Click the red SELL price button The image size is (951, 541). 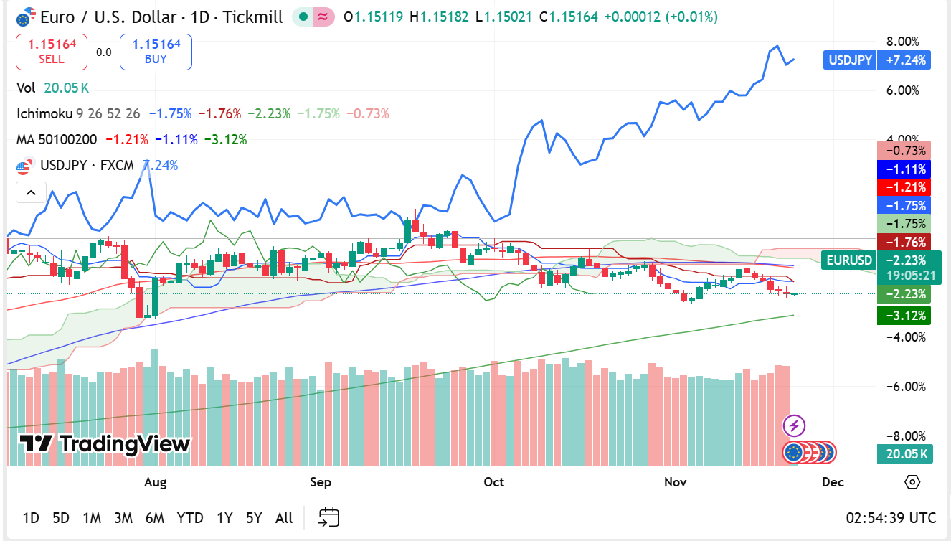coord(52,52)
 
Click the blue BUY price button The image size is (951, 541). coord(156,52)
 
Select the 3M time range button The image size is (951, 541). coord(123,517)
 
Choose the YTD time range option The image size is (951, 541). coord(190,517)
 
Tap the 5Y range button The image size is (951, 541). coord(254,517)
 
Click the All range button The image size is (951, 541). coord(284,517)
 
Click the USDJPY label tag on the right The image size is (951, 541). coord(850,60)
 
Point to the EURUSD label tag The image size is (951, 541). coord(849,260)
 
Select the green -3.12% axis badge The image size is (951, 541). coord(903,315)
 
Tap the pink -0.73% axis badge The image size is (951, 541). coord(903,151)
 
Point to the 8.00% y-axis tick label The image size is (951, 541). coord(903,42)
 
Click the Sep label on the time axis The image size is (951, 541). coord(321,482)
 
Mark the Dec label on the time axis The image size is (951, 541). coord(833,482)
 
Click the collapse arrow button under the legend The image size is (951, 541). coord(31,192)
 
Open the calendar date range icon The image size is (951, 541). coord(329,517)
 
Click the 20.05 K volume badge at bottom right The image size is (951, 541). coord(903,454)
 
